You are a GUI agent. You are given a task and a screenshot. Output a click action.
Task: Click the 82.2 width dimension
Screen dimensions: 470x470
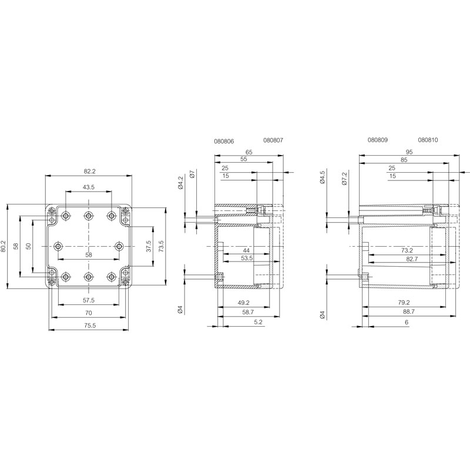point(89,171)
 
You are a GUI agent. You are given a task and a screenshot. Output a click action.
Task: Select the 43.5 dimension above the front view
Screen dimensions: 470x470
point(89,187)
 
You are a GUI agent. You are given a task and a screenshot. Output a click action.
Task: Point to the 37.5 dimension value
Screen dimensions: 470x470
point(149,246)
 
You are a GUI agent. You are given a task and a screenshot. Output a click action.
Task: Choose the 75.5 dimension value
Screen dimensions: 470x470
point(89,325)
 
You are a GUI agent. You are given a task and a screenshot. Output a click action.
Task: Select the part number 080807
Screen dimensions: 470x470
point(273,140)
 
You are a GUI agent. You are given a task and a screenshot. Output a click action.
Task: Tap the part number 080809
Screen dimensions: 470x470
point(378,140)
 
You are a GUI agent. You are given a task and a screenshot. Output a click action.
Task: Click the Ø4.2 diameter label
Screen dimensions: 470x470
point(180,182)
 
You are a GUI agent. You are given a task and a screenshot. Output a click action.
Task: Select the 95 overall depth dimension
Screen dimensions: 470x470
point(408,152)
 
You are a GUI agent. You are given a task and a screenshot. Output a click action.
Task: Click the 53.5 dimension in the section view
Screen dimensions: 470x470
point(247,258)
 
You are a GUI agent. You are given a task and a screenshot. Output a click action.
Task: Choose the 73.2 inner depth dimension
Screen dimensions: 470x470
point(407,250)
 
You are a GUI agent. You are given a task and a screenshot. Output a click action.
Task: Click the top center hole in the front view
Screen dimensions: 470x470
point(88,216)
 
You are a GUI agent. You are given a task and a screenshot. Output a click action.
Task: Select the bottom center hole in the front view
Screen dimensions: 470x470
point(88,276)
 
